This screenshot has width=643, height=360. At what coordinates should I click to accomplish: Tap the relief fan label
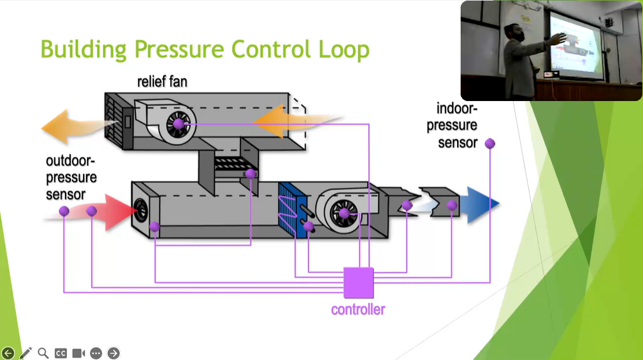[162, 81]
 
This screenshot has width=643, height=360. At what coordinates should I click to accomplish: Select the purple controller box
[358, 282]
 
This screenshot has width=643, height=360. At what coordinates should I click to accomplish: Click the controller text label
[358, 309]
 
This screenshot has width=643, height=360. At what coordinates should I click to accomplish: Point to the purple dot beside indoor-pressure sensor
[490, 143]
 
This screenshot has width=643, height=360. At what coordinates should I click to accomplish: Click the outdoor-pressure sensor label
[71, 177]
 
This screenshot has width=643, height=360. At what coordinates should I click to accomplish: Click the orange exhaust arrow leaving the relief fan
[70, 125]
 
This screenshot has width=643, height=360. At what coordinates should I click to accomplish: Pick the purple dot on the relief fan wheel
[178, 124]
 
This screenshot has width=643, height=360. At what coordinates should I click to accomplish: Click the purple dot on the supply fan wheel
[344, 213]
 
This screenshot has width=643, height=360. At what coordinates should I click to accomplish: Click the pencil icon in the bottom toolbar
[26, 353]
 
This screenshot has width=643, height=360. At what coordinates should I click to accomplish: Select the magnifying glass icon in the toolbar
[43, 353]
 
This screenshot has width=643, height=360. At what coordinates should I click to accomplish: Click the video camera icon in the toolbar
[78, 353]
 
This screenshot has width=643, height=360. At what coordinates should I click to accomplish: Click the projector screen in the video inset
[575, 44]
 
